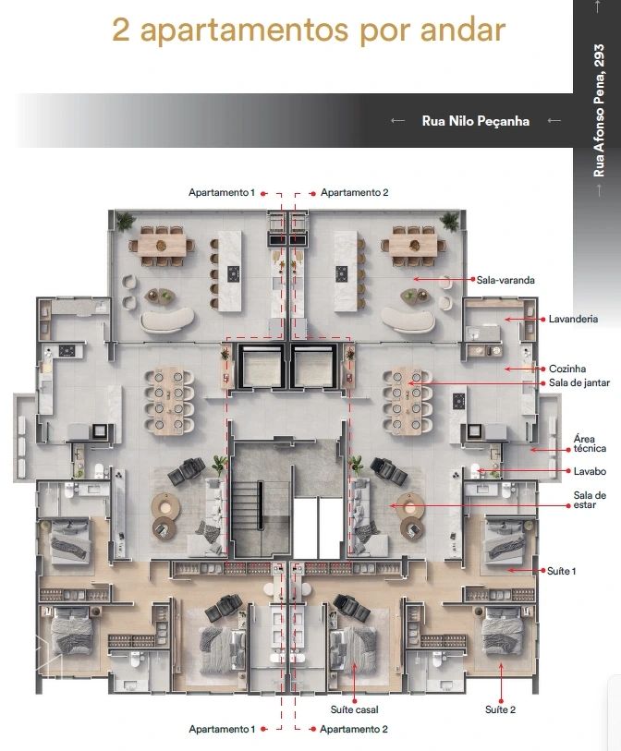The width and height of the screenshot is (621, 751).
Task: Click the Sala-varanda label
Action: point(505,280)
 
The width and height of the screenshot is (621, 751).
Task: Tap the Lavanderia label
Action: point(573,319)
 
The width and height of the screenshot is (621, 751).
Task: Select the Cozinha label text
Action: point(567,369)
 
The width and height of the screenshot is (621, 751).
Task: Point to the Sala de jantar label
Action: point(579,382)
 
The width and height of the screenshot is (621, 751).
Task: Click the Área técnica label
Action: point(590,443)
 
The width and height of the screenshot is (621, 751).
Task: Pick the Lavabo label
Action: point(590,471)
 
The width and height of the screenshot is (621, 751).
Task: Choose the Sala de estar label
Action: point(590,500)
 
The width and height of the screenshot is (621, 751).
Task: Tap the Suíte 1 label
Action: point(562,571)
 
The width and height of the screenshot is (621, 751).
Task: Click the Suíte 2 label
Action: point(500,709)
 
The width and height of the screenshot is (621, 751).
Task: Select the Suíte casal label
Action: point(354,709)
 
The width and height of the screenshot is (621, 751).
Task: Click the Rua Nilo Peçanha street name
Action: point(476,121)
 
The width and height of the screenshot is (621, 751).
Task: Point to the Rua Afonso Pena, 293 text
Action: point(599,111)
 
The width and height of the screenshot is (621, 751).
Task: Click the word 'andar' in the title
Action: point(463,30)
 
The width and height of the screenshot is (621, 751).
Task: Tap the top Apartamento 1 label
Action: point(222,192)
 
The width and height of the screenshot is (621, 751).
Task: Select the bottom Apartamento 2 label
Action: point(354,730)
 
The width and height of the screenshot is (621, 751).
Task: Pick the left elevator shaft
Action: point(261,365)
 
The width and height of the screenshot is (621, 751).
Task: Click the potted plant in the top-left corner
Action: point(126,221)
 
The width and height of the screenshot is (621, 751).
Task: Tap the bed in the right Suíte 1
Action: point(505,539)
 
